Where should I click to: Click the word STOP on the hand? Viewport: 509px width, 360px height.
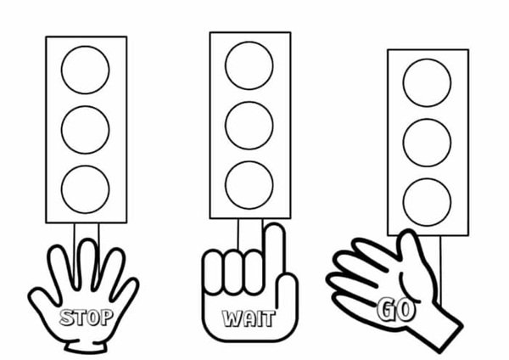click(x=87, y=318)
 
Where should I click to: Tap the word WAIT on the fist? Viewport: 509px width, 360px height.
click(x=249, y=318)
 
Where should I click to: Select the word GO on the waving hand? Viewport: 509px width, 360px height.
click(x=396, y=310)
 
